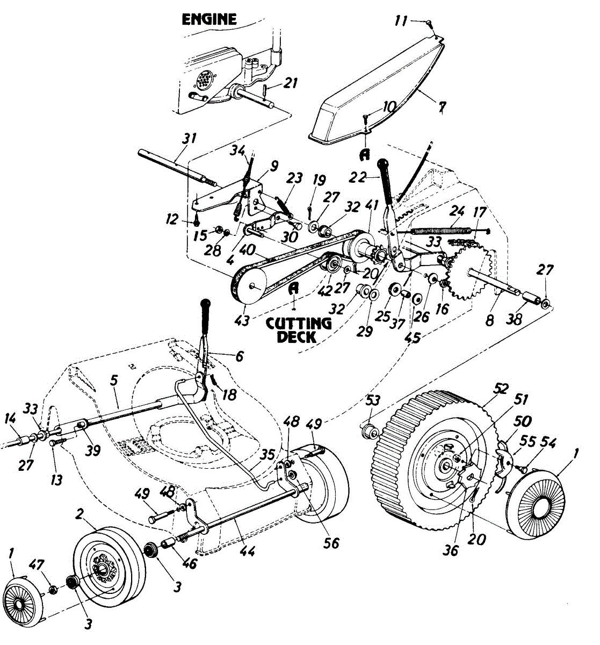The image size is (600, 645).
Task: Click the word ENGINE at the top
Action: point(209,20)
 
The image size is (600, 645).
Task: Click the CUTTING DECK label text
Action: point(299,330)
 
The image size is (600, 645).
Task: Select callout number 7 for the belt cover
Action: point(441,107)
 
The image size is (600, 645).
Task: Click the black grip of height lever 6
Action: point(207,316)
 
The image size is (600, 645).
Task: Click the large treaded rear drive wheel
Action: point(430,462)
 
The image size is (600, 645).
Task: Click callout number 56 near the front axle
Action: point(331,543)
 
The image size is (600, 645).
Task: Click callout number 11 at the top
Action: point(401,22)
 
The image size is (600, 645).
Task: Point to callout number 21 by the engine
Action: point(291,83)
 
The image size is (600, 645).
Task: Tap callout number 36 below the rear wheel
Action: point(451,550)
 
